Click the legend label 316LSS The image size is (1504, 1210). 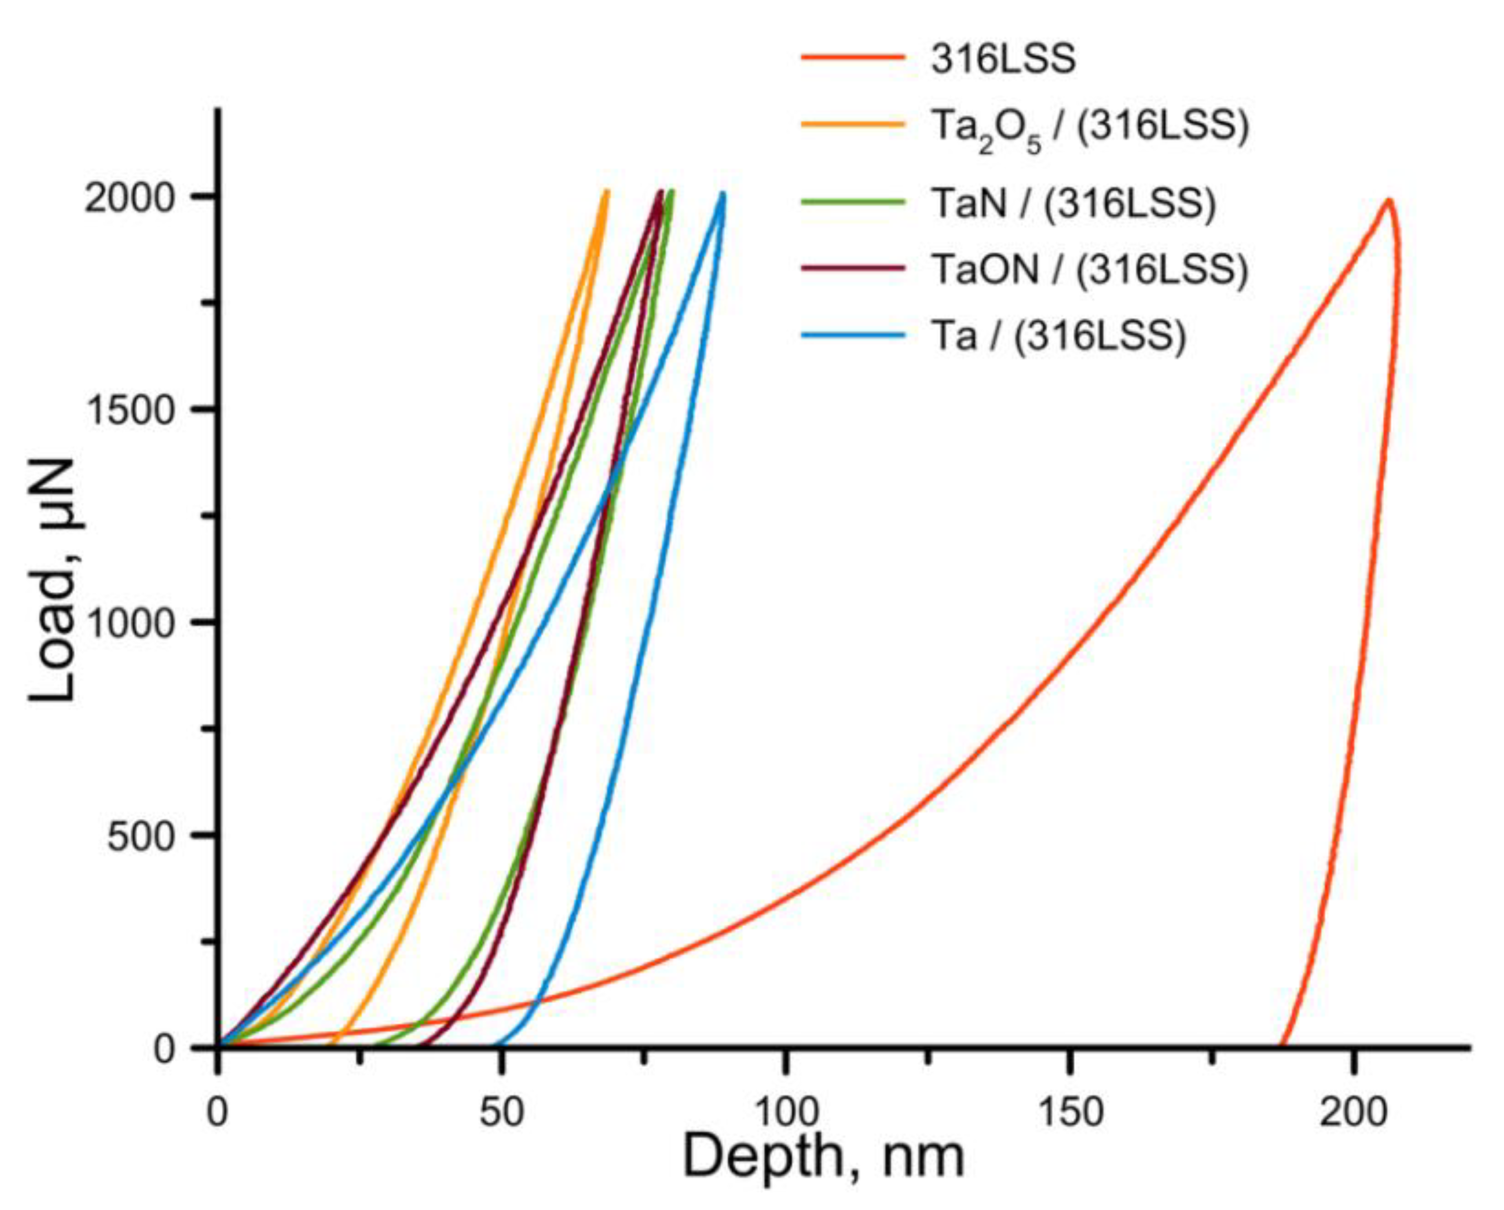click(x=1003, y=60)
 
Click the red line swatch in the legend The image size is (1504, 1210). click(x=852, y=57)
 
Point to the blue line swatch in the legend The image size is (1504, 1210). click(x=852, y=336)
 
